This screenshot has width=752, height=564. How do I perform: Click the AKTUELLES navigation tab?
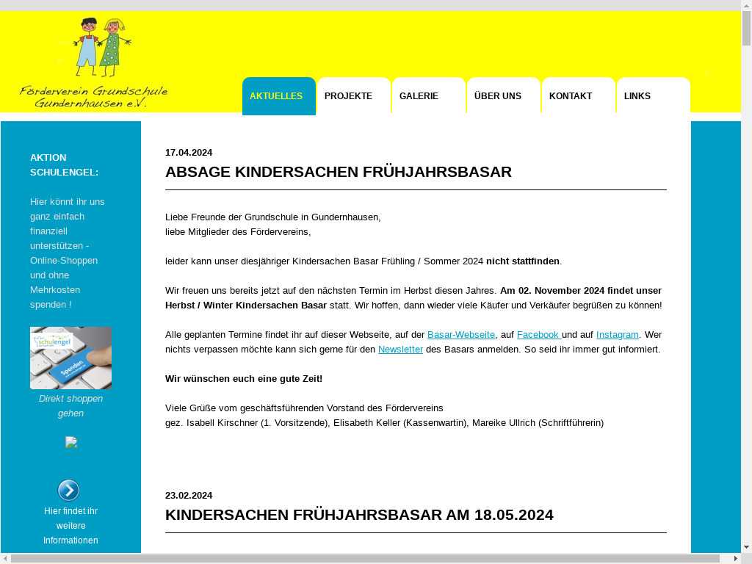point(276,96)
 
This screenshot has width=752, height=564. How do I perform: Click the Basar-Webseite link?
point(461,335)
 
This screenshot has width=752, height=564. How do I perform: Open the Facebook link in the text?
point(538,335)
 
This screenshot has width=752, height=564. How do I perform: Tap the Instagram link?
point(617,335)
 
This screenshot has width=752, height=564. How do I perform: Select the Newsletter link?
point(400,350)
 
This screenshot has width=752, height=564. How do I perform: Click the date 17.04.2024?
point(189,153)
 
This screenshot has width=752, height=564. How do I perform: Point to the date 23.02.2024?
point(189,496)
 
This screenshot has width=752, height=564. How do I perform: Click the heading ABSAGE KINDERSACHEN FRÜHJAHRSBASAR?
point(339,172)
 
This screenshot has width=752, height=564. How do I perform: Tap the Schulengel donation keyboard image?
point(70,358)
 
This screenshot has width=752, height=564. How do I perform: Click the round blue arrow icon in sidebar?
point(68,490)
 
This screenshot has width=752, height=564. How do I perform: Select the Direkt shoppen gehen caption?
point(70,406)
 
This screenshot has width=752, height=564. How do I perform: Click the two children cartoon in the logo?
point(101,46)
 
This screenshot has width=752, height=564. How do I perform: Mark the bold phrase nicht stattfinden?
point(523,261)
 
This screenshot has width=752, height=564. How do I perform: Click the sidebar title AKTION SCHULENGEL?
point(64,164)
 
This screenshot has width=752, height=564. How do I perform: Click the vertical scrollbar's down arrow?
point(746,547)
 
